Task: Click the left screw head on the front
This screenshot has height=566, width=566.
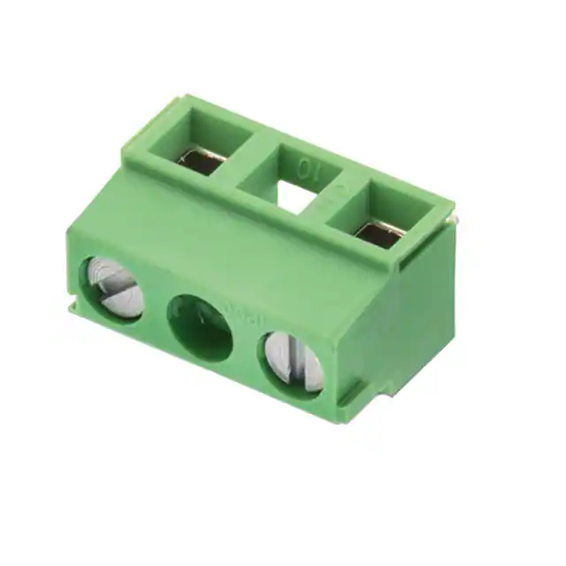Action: (x=114, y=287)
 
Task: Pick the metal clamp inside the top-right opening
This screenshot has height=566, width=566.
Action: (x=379, y=232)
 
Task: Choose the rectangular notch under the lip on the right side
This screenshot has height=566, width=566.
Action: (x=406, y=262)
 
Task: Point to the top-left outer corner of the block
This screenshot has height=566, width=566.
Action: (x=147, y=110)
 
